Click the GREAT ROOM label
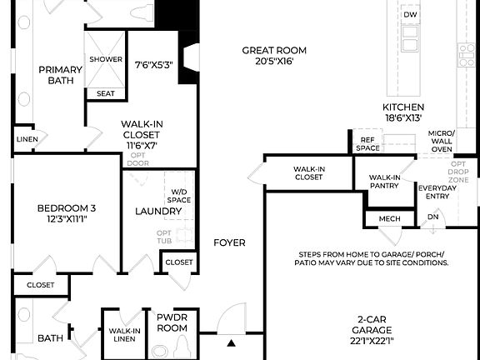pyautogui.click(x=268, y=50)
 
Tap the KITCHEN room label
pyautogui.click(x=403, y=107)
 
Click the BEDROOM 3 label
pyautogui.click(x=62, y=208)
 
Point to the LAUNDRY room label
pyautogui.click(x=158, y=211)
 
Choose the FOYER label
pyautogui.click(x=229, y=242)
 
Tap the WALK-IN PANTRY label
pyautogui.click(x=384, y=182)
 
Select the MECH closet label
pyautogui.click(x=389, y=218)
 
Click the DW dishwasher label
pyautogui.click(x=409, y=15)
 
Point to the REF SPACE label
pyautogui.click(x=367, y=144)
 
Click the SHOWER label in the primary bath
pyautogui.click(x=106, y=59)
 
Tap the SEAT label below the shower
pyautogui.click(x=106, y=93)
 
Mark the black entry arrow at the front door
pyautogui.click(x=232, y=342)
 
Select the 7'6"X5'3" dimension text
pyautogui.click(x=153, y=63)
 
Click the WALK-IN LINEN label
pyautogui.click(x=123, y=334)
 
